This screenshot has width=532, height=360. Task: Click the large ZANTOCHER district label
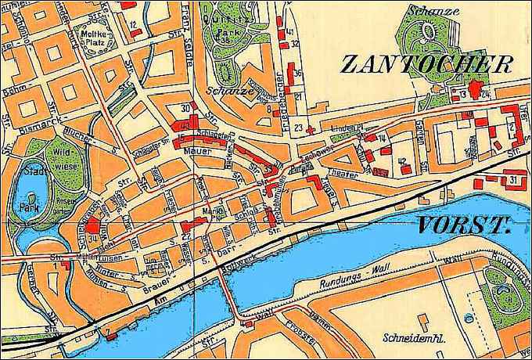click(426, 65)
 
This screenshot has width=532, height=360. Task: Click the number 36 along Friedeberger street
click(298, 73)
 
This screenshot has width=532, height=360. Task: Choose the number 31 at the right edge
click(512, 180)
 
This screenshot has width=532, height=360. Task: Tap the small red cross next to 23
click(311, 128)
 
